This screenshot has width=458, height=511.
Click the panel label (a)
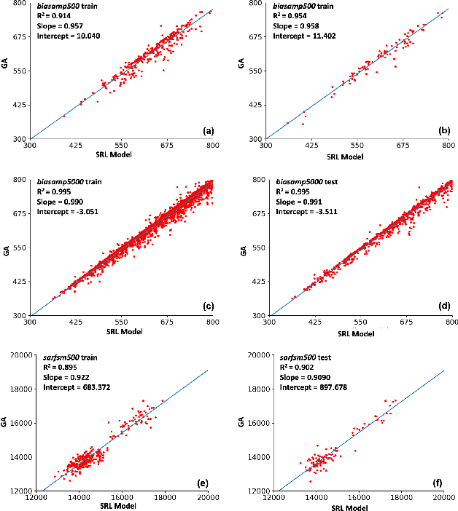tap(208, 130)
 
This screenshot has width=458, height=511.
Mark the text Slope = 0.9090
tap(302, 377)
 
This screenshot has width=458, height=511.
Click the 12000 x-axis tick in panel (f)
tap(273, 499)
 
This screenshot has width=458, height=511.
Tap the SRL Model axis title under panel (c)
tap(121, 331)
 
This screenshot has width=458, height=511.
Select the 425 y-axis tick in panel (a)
tap(20, 105)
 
